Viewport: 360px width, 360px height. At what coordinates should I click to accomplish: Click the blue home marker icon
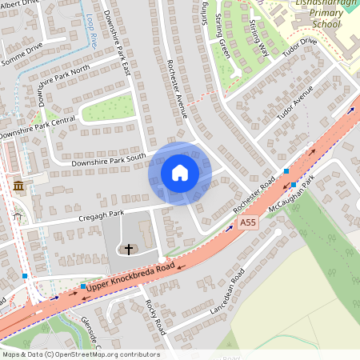click(x=180, y=173)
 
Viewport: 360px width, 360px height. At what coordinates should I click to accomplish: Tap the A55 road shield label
click(x=248, y=222)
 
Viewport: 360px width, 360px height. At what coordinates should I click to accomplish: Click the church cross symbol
click(x=130, y=250)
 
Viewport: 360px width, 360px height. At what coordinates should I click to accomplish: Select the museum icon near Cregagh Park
click(x=18, y=186)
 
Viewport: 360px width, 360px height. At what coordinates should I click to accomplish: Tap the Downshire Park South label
click(x=108, y=159)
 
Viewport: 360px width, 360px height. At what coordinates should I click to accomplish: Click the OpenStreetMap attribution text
click(x=80, y=354)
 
